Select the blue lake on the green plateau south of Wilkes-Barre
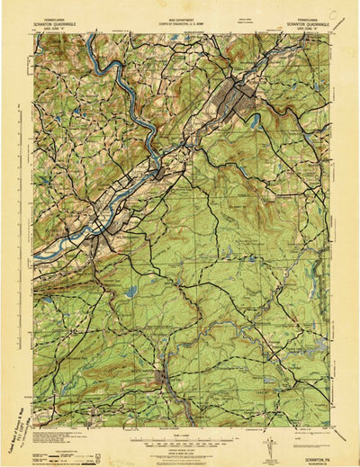coord(132,292)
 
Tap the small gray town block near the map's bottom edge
coord(163,376)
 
